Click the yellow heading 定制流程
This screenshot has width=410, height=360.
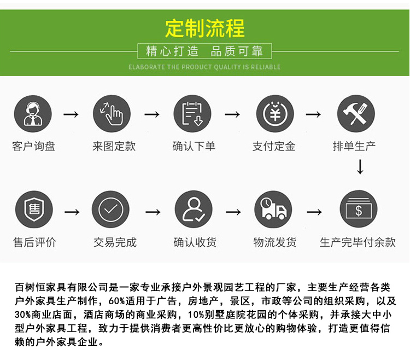pos(205,28)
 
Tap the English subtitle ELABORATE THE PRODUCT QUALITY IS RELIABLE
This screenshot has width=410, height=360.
pos(204,67)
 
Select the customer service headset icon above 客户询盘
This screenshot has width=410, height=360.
pos(33,114)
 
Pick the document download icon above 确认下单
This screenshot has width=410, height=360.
pos(192,114)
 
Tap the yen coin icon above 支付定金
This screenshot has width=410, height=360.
pos(275,114)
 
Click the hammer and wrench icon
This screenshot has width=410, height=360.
pos(355,114)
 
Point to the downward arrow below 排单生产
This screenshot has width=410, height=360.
pos(359,167)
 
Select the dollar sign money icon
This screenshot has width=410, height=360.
pos(358,209)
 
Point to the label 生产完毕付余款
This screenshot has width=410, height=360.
pos(358,242)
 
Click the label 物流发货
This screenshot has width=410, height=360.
pos(275,242)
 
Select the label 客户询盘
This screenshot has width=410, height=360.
pos(33,147)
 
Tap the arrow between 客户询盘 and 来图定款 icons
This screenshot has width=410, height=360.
pos(71,114)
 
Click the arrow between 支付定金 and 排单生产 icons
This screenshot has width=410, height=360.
pos(313,114)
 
